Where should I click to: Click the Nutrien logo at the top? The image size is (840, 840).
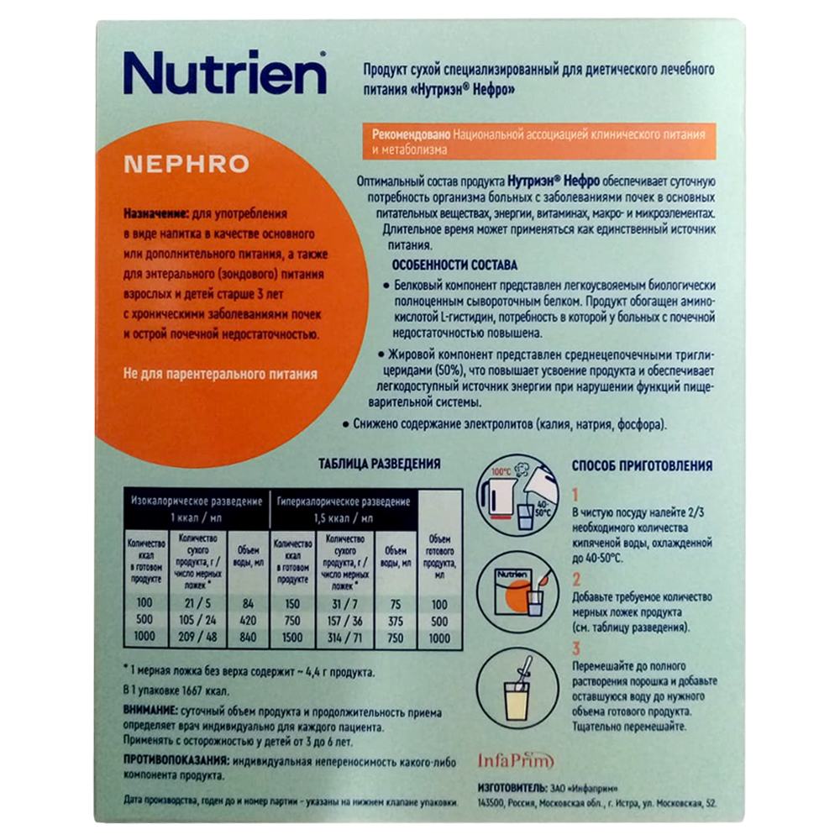[x=225, y=73]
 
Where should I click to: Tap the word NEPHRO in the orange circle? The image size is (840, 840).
[x=186, y=164]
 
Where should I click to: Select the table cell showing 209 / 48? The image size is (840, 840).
[x=197, y=637]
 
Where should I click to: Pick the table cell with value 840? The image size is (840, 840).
[x=248, y=637]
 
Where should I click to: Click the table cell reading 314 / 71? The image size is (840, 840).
[x=344, y=638]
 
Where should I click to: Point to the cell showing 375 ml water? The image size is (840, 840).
[x=396, y=621]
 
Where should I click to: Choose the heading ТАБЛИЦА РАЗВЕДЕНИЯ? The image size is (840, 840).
[x=380, y=464]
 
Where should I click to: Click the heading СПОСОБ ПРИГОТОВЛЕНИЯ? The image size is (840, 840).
[x=642, y=465]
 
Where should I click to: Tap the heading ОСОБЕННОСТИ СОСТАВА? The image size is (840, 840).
[x=454, y=265]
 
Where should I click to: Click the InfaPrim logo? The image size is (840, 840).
[x=516, y=760]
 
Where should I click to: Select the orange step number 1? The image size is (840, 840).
[x=575, y=495]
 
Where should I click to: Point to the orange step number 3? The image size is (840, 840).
[x=576, y=648]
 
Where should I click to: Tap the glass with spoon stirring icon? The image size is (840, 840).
[x=517, y=689]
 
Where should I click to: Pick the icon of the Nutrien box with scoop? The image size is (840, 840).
[x=517, y=592]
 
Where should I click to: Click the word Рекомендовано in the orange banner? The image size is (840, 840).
[x=411, y=134]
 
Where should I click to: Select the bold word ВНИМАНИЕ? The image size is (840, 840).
[x=150, y=711]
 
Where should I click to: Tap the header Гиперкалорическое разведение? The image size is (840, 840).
[x=344, y=502]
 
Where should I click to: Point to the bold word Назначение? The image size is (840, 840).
[x=156, y=213]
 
